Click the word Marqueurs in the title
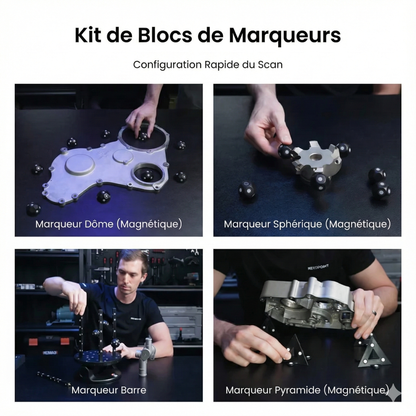click(x=284, y=35)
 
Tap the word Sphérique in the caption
click(x=297, y=224)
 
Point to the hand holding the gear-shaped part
click(x=268, y=125)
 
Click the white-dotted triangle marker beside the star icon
click(x=373, y=353)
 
